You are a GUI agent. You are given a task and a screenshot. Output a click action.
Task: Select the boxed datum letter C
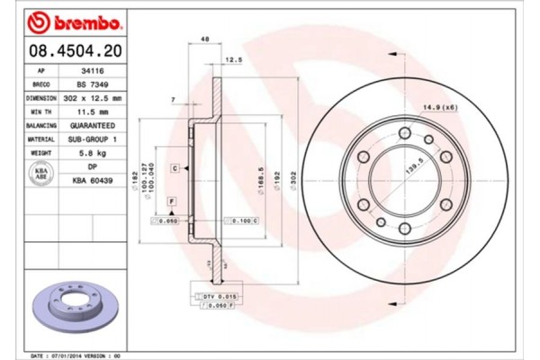pos(175,168)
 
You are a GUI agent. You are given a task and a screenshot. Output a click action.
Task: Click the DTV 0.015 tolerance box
pos(212,296)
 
